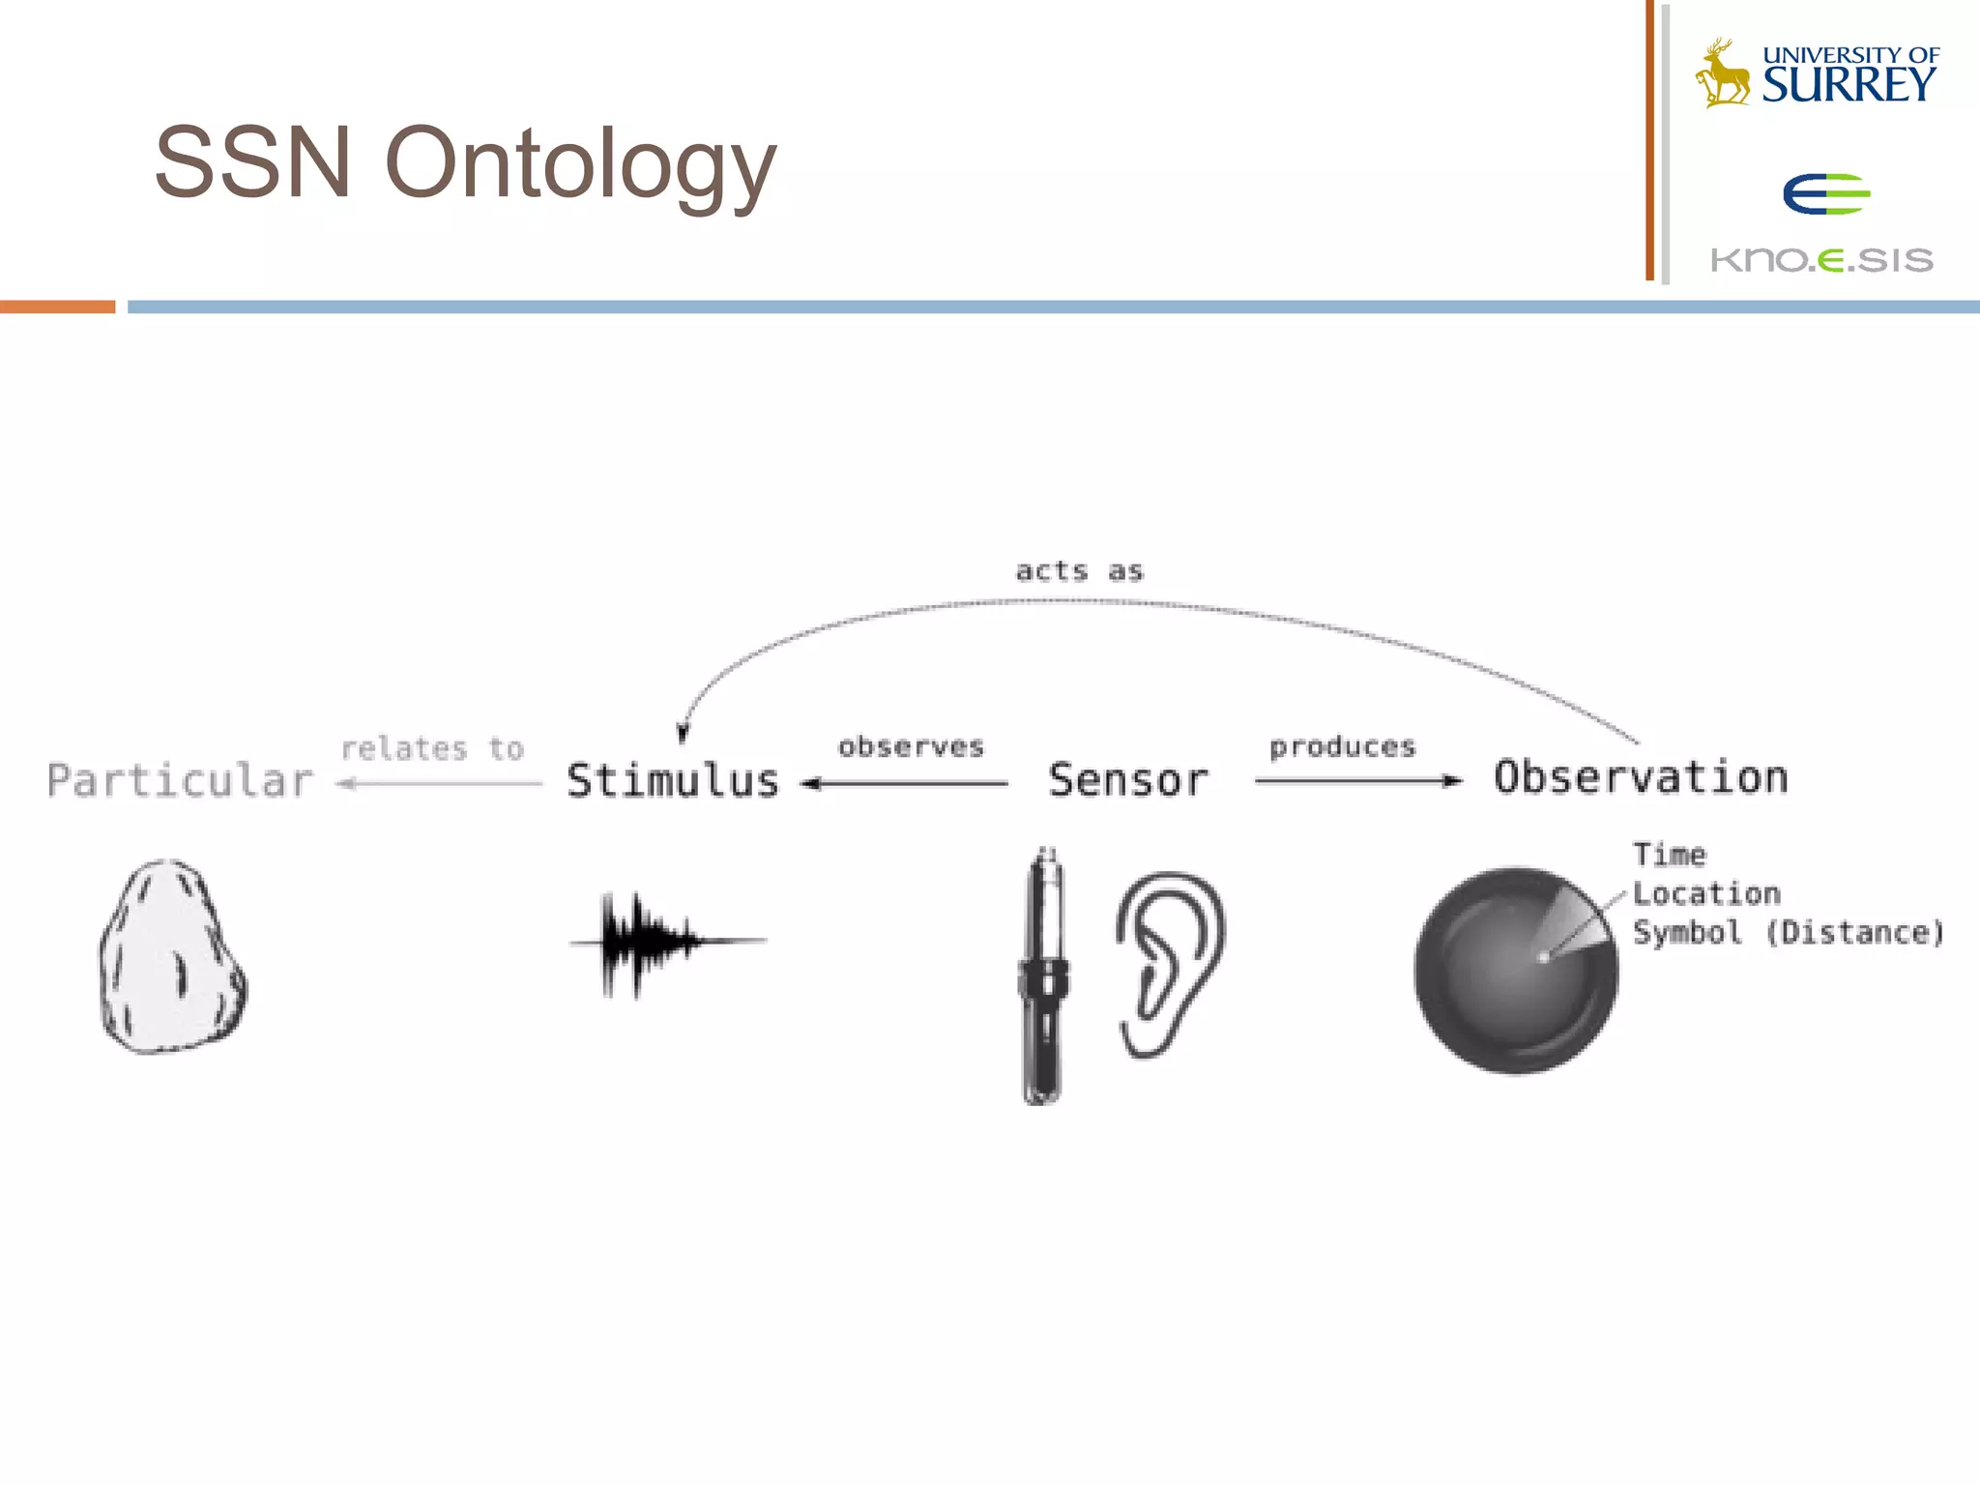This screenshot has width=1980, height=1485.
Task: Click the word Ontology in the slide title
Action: click(580, 164)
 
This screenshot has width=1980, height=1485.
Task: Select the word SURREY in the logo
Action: click(1849, 85)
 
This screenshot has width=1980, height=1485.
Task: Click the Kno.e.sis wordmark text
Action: click(1821, 260)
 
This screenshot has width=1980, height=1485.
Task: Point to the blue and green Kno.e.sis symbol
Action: click(1826, 193)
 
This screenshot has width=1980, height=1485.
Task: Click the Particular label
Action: click(181, 781)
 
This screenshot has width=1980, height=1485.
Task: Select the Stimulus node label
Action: click(673, 781)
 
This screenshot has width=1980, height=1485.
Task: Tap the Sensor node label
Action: click(1128, 781)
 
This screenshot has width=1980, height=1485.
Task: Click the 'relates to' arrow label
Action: click(432, 748)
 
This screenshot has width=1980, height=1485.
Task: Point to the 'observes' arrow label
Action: click(911, 746)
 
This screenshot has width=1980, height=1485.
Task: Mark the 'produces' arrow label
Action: click(1342, 746)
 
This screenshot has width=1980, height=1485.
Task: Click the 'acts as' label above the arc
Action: click(1079, 571)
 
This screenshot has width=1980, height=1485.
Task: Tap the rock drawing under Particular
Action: click(172, 957)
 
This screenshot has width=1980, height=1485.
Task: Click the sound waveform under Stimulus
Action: click(657, 941)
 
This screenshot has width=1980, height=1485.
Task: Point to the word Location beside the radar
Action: click(1706, 893)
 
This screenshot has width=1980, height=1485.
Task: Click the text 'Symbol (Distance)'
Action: click(1788, 933)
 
